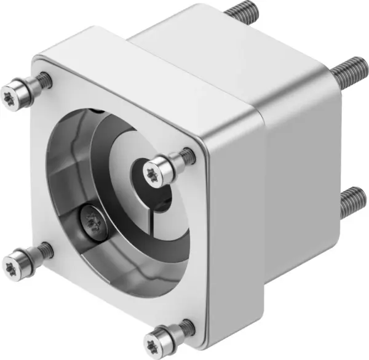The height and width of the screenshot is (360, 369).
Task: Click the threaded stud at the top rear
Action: point(242,11)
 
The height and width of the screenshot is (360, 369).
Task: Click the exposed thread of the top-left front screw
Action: point(42,79)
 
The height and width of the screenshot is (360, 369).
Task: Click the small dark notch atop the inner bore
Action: point(98,111)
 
